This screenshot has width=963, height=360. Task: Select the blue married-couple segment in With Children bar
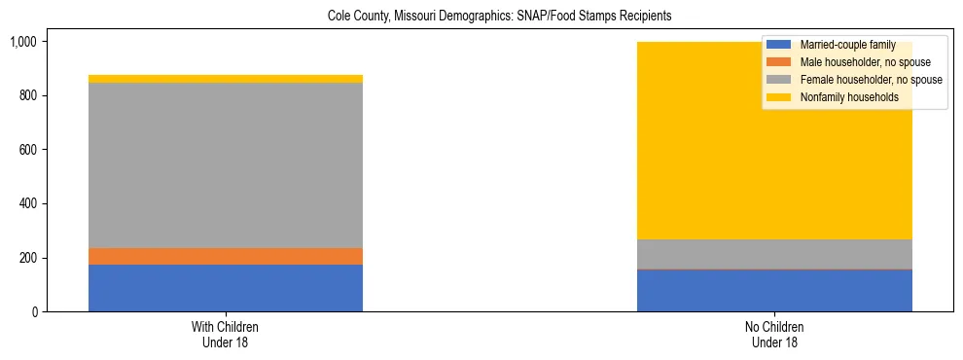coord(225,288)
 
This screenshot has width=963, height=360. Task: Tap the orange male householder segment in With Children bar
coord(225,256)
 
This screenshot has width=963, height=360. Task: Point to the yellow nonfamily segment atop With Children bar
coord(225,79)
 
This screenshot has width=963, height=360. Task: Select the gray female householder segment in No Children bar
coord(774,254)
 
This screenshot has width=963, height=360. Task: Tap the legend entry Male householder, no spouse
coord(857,62)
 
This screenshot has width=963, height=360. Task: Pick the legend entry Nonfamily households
coord(842,97)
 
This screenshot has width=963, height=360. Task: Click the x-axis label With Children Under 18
coord(225,334)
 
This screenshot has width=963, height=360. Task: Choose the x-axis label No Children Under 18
coord(774,334)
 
